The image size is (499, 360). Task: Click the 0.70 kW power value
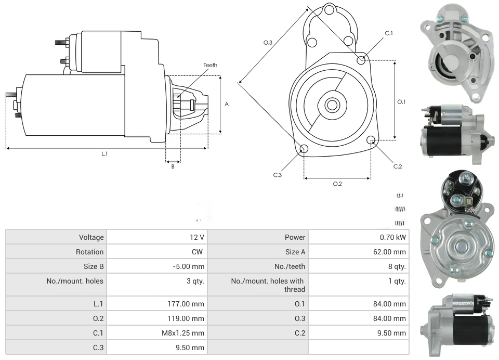click(392, 237)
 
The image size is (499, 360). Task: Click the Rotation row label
click(90, 252)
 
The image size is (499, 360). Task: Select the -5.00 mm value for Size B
click(188, 266)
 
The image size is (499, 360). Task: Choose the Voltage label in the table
click(91, 237)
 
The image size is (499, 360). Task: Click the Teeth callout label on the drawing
click(211, 65)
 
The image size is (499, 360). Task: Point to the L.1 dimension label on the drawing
click(104, 153)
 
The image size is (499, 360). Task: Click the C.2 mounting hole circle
click(371, 140)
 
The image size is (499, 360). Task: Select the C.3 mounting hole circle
click(304, 150)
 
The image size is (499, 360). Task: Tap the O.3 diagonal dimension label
click(268, 43)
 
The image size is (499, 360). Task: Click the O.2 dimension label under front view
click(337, 184)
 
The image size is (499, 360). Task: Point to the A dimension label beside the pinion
click(227, 104)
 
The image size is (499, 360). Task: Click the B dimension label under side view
click(173, 166)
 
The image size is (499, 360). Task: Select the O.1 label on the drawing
click(401, 102)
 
